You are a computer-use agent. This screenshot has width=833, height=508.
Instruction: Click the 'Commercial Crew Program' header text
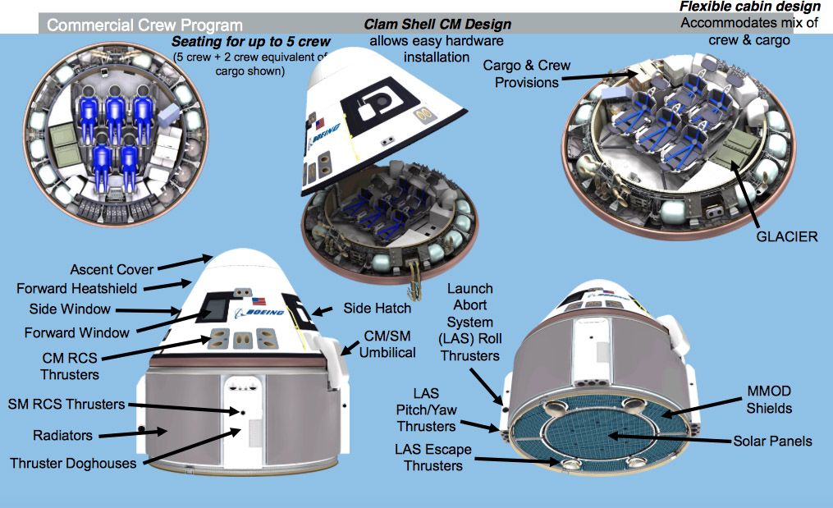pos(144,25)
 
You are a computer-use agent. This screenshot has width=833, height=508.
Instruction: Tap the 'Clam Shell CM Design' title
pos(437,24)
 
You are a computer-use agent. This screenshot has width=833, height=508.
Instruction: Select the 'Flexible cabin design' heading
pos(749,7)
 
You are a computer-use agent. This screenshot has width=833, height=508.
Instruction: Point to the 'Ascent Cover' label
pos(112,270)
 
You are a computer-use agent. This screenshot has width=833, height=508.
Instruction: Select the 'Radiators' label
pos(63,434)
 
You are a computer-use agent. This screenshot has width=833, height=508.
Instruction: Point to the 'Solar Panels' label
pos(772,441)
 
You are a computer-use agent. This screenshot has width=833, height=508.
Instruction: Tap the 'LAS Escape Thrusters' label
pos(428,458)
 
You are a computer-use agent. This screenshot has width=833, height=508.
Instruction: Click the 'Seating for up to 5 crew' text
pos(250,41)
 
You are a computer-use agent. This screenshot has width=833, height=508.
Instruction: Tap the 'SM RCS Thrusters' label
pos(66,404)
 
